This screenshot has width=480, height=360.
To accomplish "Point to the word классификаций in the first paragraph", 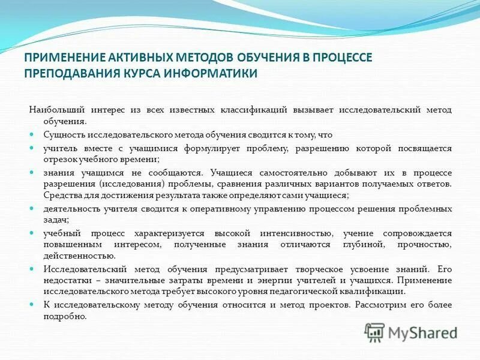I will coord(257,110).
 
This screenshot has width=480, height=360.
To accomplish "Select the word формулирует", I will coord(207,148).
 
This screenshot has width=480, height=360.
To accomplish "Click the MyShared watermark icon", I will coord(376,332).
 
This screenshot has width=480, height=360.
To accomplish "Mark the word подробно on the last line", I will coord(65,316).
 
